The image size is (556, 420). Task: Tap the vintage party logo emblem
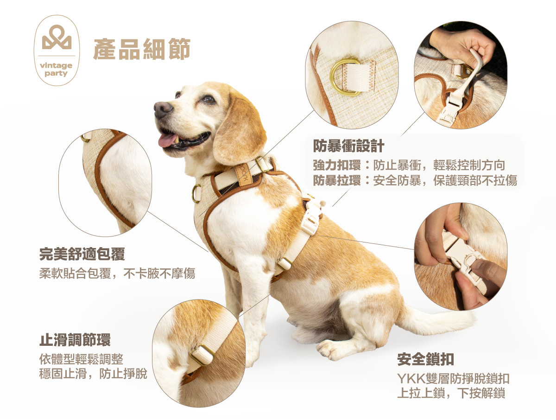pyautogui.click(x=57, y=51)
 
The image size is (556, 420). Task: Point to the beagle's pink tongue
pyautogui.click(x=167, y=140)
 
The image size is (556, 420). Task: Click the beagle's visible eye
pyautogui.click(x=208, y=99)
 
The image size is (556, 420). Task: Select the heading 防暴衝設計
pyautogui.click(x=348, y=146)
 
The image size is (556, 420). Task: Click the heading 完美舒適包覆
pyautogui.click(x=82, y=254)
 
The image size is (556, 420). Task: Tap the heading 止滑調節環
pyautogui.click(x=75, y=340)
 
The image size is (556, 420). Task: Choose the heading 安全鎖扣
pyautogui.click(x=425, y=359)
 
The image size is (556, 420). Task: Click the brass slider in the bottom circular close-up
pyautogui.click(x=202, y=355)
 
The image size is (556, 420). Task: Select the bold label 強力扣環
pyautogui.click(x=337, y=165)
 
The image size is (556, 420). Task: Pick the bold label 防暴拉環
pyautogui.click(x=337, y=180)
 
